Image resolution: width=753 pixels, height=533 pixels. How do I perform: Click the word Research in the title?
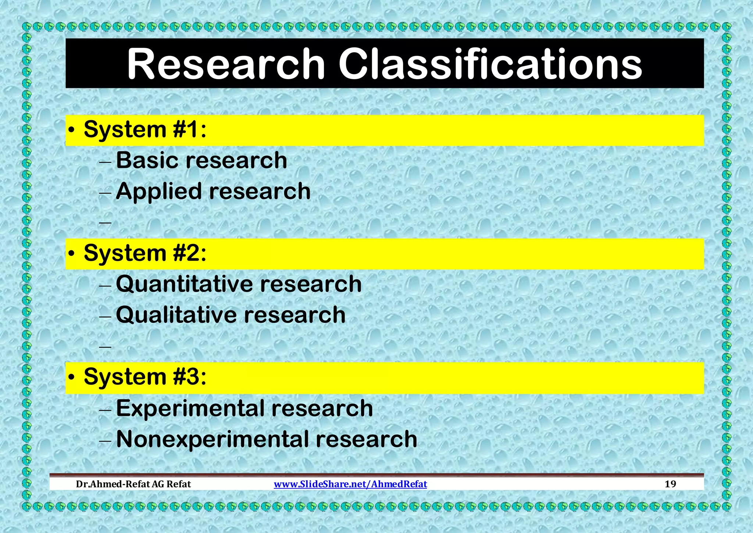[x=226, y=64]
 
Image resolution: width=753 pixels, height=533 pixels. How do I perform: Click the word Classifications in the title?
[x=490, y=64]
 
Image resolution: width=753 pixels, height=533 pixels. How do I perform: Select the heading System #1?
[x=145, y=130]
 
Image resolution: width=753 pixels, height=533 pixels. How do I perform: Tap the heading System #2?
[x=145, y=253]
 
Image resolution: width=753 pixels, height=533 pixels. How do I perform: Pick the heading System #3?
[x=145, y=377]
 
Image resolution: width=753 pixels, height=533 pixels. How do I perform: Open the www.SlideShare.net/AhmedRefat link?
[x=350, y=484]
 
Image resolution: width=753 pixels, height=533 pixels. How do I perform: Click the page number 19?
[x=670, y=484]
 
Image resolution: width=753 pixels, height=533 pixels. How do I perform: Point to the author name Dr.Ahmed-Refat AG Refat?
[x=133, y=484]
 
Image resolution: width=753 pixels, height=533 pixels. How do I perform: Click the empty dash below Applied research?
[x=105, y=223]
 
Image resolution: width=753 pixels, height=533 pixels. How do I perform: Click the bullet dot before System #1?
[x=72, y=131]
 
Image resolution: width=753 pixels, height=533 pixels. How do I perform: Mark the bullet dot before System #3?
[x=72, y=378]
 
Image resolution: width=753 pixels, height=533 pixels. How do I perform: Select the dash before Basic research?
[x=105, y=162]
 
